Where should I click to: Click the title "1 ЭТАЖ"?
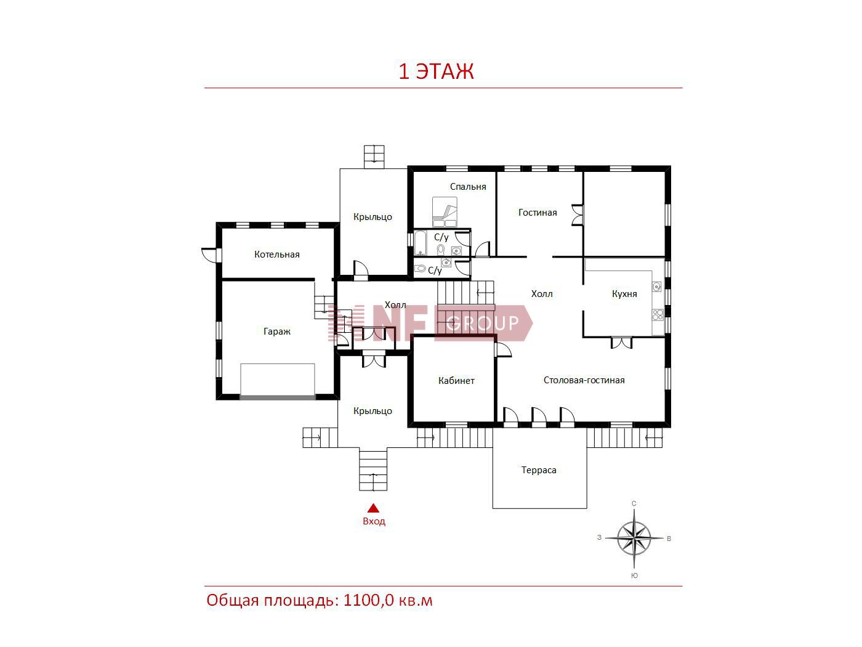[436, 71]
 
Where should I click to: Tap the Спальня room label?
[468, 187]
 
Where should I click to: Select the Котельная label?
[277, 254]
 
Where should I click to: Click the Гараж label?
[277, 332]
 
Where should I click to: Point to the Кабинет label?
[456, 380]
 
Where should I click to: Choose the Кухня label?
[624, 294]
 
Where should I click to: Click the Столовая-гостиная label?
[584, 380]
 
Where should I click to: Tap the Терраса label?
[539, 470]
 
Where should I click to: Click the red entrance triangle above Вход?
[373, 508]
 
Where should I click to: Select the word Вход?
[374, 521]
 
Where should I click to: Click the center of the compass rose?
[634, 538]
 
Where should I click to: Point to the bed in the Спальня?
[445, 212]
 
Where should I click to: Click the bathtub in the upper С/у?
[420, 243]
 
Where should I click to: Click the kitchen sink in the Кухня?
[657, 287]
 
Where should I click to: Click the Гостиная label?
[538, 213]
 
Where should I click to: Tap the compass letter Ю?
[634, 576]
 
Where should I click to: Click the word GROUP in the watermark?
[482, 323]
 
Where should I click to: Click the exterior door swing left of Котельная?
[209, 254]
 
